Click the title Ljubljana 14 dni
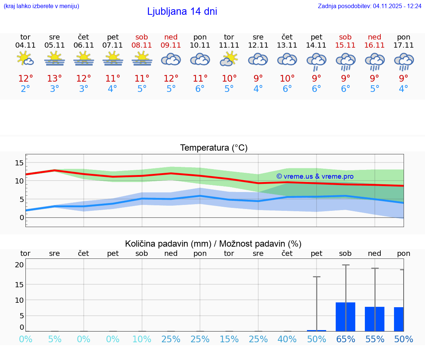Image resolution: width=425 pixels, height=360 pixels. click(x=182, y=11)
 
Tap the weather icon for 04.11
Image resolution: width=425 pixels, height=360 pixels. click(x=25, y=59)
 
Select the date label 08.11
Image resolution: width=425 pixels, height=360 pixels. click(x=142, y=45)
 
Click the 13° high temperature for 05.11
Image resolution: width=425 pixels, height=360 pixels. click(x=55, y=79)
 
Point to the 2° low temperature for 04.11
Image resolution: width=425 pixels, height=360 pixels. click(x=25, y=89)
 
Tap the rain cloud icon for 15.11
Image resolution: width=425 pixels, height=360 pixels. click(x=345, y=61)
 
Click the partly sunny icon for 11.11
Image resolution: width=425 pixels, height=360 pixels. click(x=229, y=59)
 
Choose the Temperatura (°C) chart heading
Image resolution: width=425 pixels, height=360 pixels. click(x=214, y=148)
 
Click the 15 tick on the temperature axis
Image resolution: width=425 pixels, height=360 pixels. click(x=19, y=163)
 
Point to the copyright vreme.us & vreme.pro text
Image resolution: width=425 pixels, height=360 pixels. click(x=315, y=176)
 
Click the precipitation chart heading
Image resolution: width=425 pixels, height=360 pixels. click(x=213, y=244)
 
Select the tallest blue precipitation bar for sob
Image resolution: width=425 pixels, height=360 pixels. click(x=345, y=317)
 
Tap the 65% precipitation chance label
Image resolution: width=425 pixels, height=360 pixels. click(x=345, y=339)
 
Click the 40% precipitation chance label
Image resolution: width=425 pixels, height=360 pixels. click(x=287, y=339)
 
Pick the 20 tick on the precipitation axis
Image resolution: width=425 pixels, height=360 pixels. click(x=19, y=265)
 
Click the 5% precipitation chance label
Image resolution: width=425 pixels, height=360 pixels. click(x=55, y=339)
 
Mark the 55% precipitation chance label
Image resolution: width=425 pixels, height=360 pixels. click(x=375, y=339)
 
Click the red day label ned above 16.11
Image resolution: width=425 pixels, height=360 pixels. click(x=374, y=37)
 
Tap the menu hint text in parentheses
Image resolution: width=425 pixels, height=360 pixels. click(x=41, y=6)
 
